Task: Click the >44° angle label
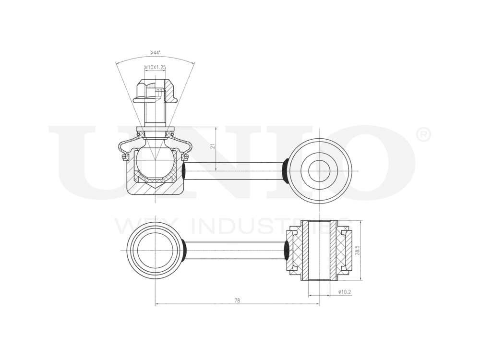[155, 52]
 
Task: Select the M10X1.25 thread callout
[155, 68]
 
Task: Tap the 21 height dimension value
[213, 146]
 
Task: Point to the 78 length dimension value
[237, 300]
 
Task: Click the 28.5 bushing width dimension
[358, 250]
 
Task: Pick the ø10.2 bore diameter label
[345, 291]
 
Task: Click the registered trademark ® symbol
[422, 135]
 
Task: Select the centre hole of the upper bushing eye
[319, 171]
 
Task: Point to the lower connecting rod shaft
[235, 250]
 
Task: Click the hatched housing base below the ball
[155, 188]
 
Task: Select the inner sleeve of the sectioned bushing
[319, 250]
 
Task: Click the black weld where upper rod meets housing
[184, 171]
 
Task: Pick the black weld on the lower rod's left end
[184, 250]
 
